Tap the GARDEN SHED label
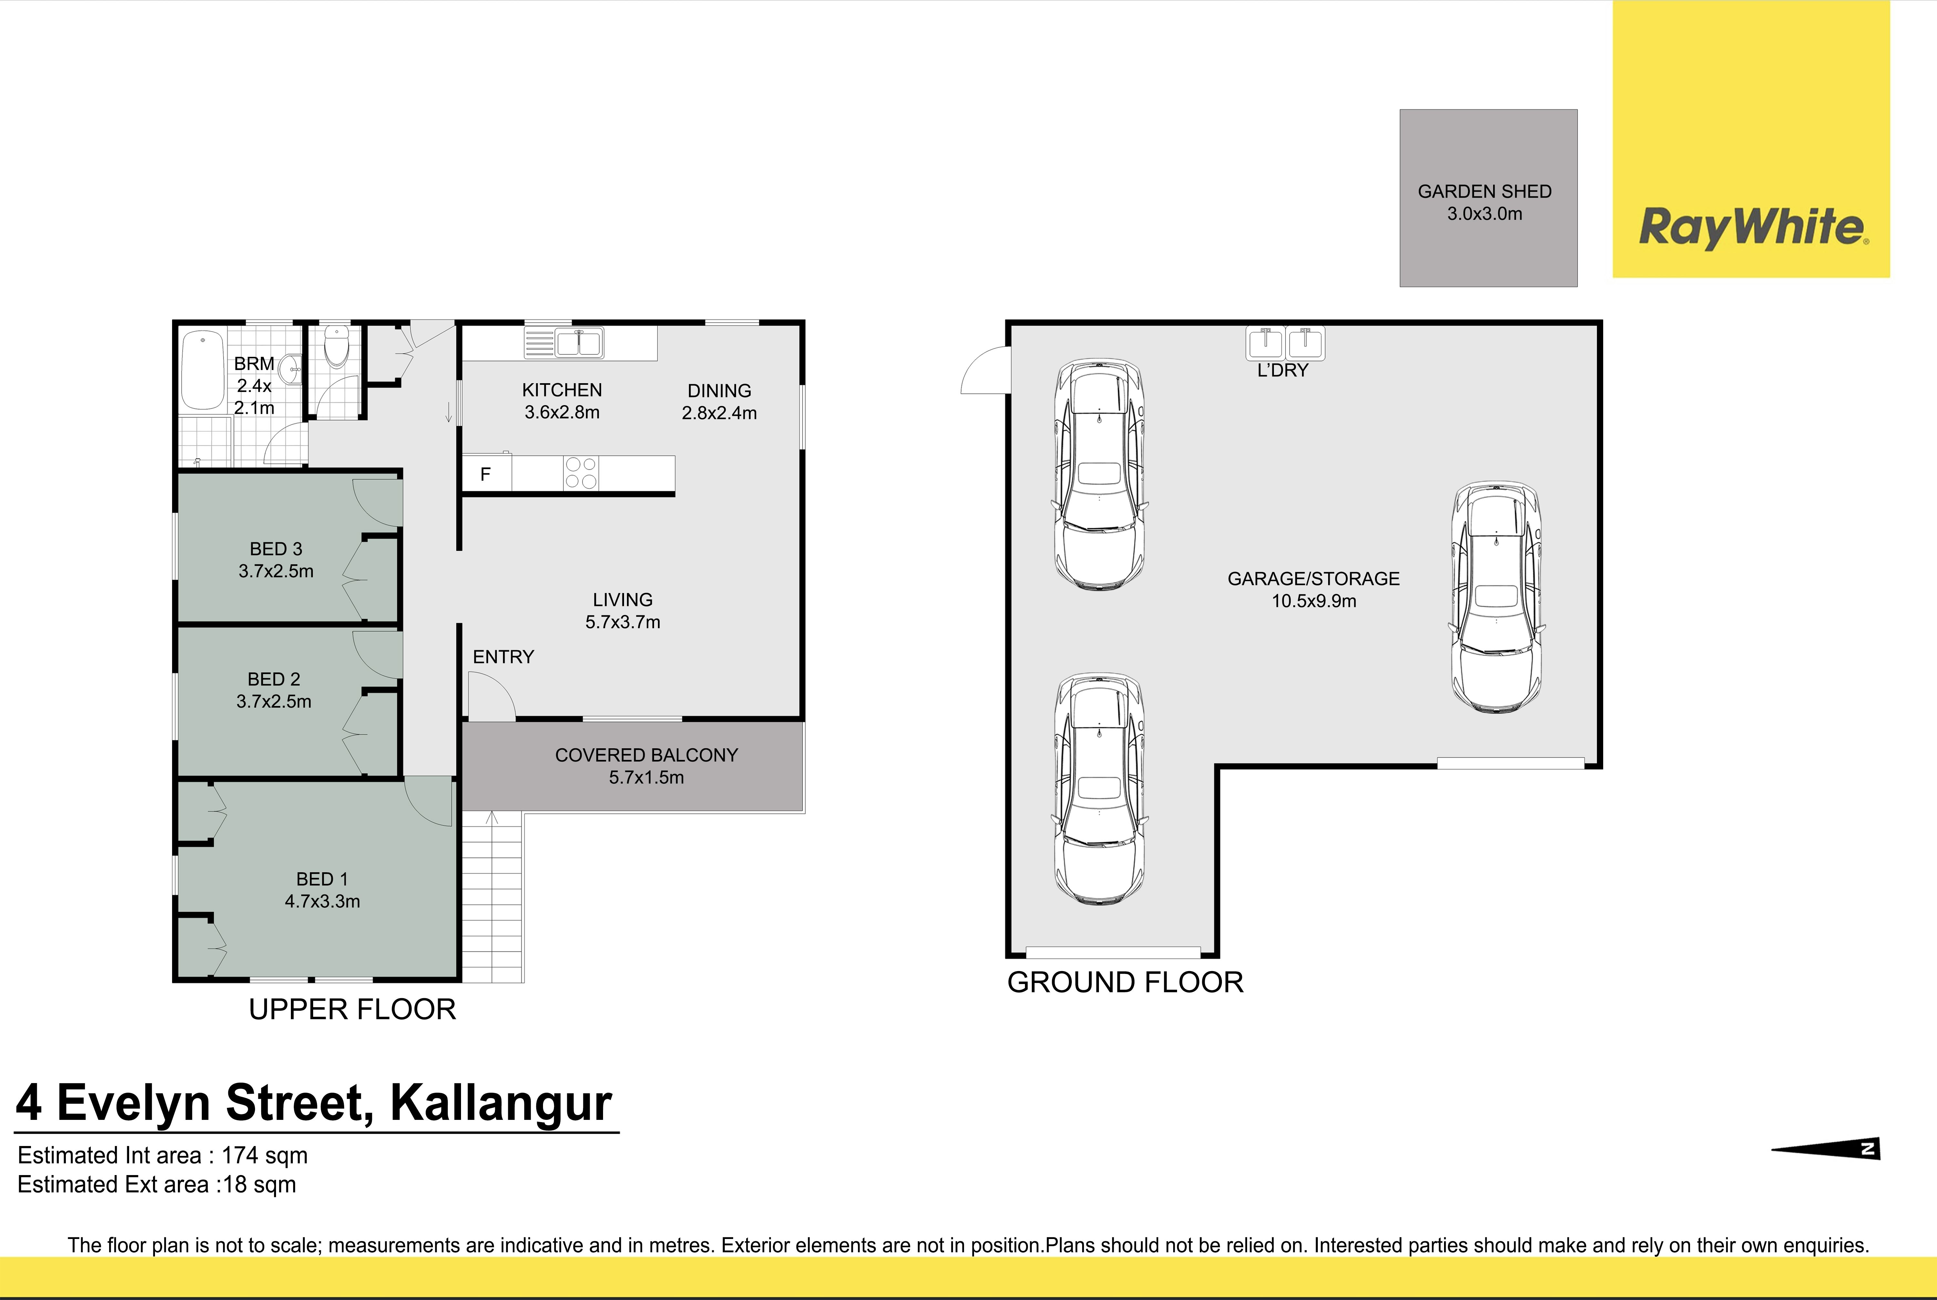[x=1484, y=191]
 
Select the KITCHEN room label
[x=562, y=390]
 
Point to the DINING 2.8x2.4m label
[x=719, y=401]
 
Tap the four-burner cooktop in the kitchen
[x=580, y=473]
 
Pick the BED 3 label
[x=276, y=549]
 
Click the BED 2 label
[x=274, y=679]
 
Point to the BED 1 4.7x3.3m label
[x=323, y=890]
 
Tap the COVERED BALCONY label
[x=646, y=755]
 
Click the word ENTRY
[x=503, y=657]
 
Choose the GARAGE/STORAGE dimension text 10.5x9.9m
[x=1314, y=601]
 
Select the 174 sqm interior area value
[x=264, y=1156]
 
